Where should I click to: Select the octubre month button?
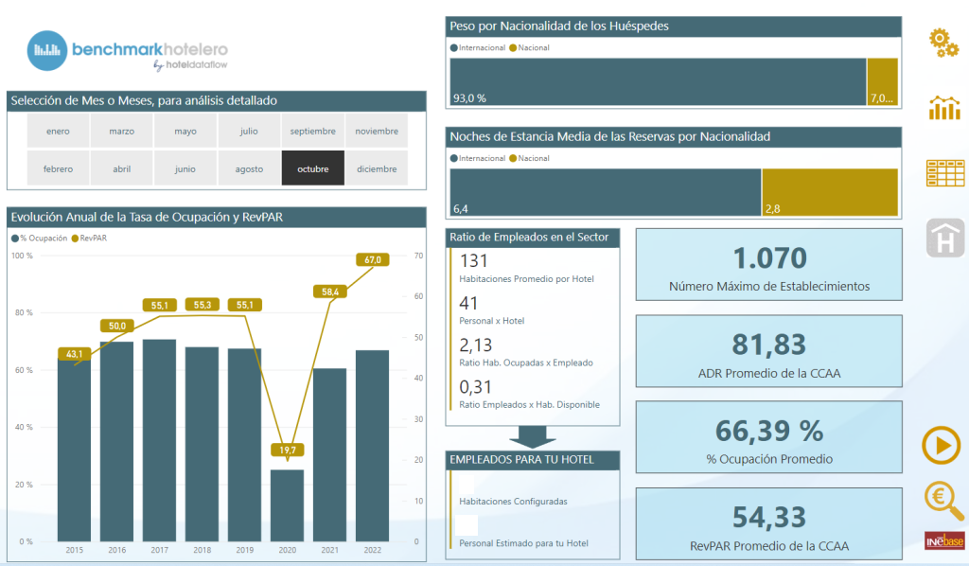(312, 168)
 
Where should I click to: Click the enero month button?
(58, 131)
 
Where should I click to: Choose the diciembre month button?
(377, 168)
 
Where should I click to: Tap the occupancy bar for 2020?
(288, 505)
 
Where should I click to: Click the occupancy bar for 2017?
(159, 440)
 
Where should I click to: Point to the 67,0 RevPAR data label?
(373, 259)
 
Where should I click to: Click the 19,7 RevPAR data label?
(288, 450)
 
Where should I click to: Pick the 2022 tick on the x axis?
(373, 550)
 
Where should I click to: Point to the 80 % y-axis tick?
(24, 312)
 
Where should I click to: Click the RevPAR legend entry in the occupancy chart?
(90, 238)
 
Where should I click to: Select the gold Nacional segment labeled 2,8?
(830, 192)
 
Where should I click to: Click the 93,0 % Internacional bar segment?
(659, 81)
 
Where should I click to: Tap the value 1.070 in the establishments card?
(769, 258)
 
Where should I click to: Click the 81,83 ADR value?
(769, 345)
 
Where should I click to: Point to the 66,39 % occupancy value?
(769, 431)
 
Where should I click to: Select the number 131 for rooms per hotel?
(473, 260)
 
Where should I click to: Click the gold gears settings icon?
(943, 43)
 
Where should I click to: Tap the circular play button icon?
(942, 445)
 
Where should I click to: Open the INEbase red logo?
(944, 540)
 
